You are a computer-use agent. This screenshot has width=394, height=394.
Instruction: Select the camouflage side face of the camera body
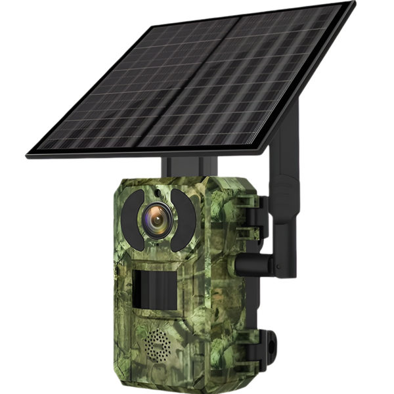click(227, 282)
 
